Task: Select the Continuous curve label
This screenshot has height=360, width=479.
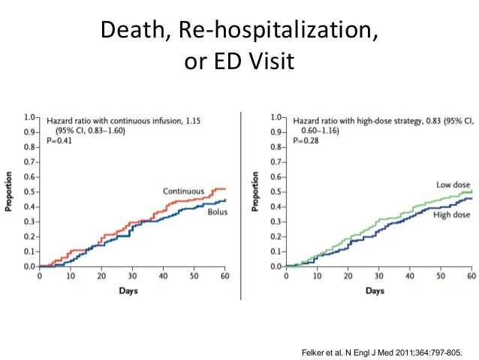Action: click(184, 191)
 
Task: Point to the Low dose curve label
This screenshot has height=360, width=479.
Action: click(453, 184)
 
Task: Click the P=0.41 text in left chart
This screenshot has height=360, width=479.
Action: click(58, 140)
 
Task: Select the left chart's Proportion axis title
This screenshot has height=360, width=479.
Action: click(10, 192)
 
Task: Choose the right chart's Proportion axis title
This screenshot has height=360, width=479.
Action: click(256, 192)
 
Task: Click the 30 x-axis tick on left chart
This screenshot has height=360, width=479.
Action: click(132, 276)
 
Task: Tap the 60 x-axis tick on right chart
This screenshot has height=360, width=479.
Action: click(471, 276)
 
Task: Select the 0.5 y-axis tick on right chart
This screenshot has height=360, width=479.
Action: click(276, 192)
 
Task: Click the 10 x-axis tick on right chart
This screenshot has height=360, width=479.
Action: click(317, 276)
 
